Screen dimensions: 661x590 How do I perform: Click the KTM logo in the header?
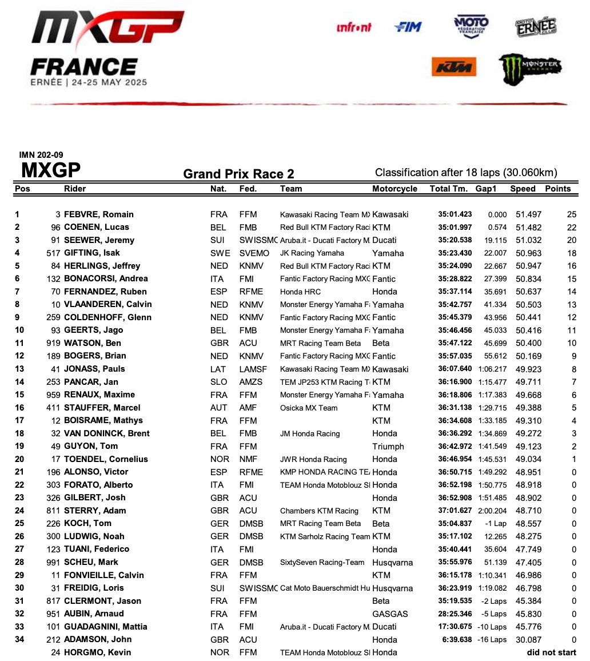(x=454, y=67)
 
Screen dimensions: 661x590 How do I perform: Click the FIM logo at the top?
(x=408, y=27)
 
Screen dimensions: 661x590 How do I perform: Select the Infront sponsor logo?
(x=354, y=27)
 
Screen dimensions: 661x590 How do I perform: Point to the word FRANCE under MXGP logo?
(x=83, y=67)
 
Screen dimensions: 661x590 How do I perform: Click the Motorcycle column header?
(x=394, y=189)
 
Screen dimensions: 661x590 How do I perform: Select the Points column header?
(x=557, y=189)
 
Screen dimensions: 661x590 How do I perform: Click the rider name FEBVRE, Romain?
(x=98, y=214)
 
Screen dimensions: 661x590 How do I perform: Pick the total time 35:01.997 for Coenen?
(x=455, y=228)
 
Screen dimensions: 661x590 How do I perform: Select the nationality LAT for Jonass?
(x=217, y=369)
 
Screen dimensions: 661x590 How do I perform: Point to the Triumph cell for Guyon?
(x=388, y=447)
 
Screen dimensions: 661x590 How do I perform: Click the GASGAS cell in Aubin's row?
(x=390, y=614)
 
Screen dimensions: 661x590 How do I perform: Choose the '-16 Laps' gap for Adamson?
(x=491, y=640)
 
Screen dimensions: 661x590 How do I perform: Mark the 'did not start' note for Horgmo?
(x=551, y=652)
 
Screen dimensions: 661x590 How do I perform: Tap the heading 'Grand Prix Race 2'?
(x=238, y=174)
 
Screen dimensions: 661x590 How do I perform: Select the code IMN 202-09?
(x=41, y=155)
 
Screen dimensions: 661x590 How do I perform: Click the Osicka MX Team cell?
(x=309, y=408)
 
